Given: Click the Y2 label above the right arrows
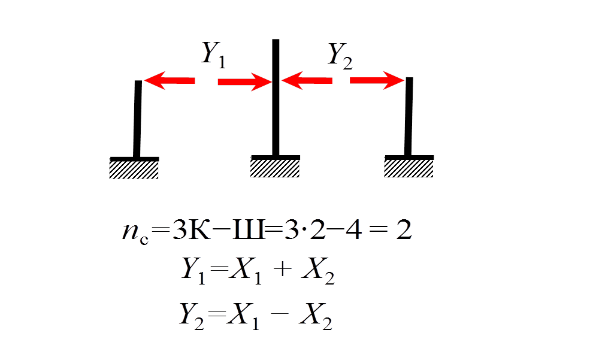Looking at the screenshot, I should click(x=340, y=56).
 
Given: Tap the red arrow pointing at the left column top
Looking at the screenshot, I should click(x=170, y=80).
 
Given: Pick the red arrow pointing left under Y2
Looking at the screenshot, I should click(x=307, y=80).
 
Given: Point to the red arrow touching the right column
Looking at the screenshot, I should click(x=377, y=80).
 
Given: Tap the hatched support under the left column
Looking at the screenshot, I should click(x=134, y=170).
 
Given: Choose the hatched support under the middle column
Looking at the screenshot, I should click(x=275, y=168).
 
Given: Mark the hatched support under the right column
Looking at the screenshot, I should click(x=409, y=168).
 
